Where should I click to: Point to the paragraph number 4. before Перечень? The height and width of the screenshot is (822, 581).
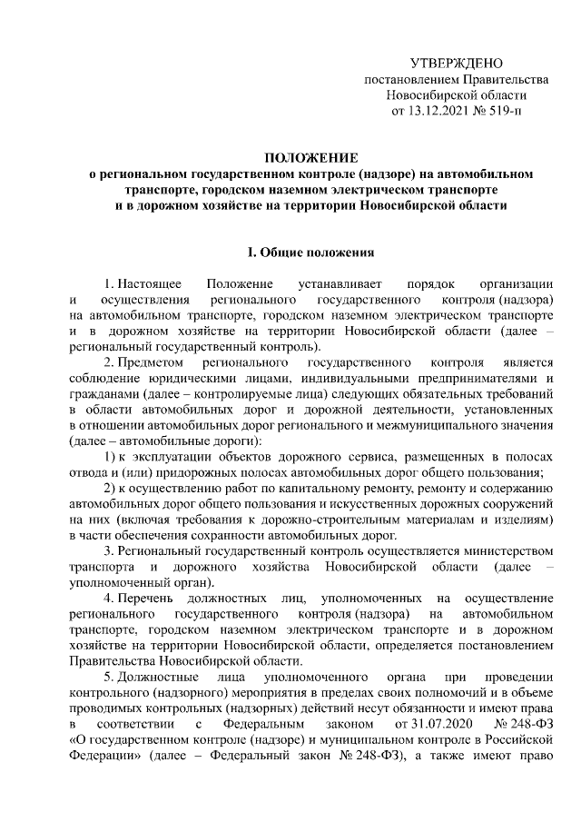[x=109, y=598]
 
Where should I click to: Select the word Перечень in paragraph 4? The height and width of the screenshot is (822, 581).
[x=149, y=598]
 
